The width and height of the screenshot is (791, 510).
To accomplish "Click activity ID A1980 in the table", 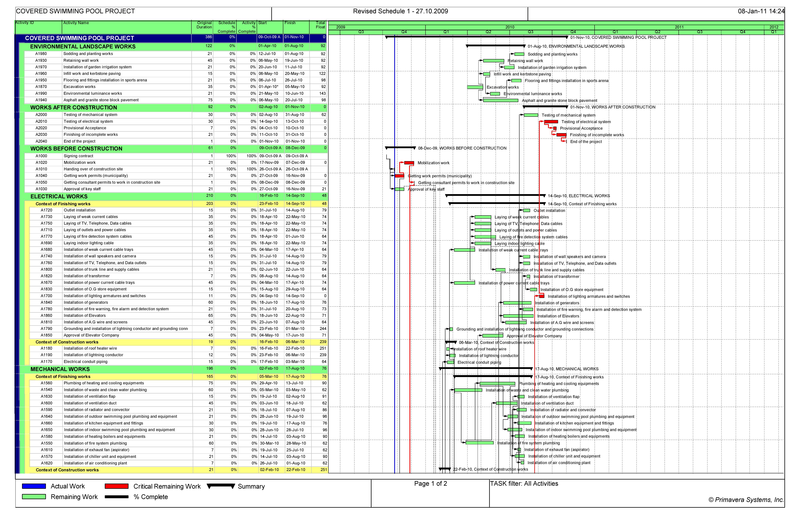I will [x=41, y=54].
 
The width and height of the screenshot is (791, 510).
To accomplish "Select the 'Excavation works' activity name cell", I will [x=80, y=87].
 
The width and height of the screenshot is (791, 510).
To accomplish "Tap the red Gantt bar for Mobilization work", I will [x=409, y=163].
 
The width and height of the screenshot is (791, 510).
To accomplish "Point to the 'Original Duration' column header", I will [x=204, y=25].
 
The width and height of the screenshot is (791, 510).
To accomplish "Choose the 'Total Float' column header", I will [x=320, y=25].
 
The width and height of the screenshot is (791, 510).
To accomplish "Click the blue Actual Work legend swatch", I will [x=34, y=486].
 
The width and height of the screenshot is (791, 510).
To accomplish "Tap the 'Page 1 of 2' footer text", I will [x=431, y=484].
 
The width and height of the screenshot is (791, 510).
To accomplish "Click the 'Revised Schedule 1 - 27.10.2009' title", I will [x=400, y=11].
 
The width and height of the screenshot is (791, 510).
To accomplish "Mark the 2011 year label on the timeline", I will [x=679, y=27].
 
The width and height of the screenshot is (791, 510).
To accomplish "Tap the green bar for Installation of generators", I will [x=517, y=303].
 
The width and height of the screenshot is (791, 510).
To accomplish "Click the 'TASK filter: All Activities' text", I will [x=524, y=484].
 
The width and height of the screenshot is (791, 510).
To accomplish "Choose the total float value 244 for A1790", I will [x=323, y=329].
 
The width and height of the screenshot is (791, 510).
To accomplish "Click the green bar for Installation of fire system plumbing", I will [x=479, y=443].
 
